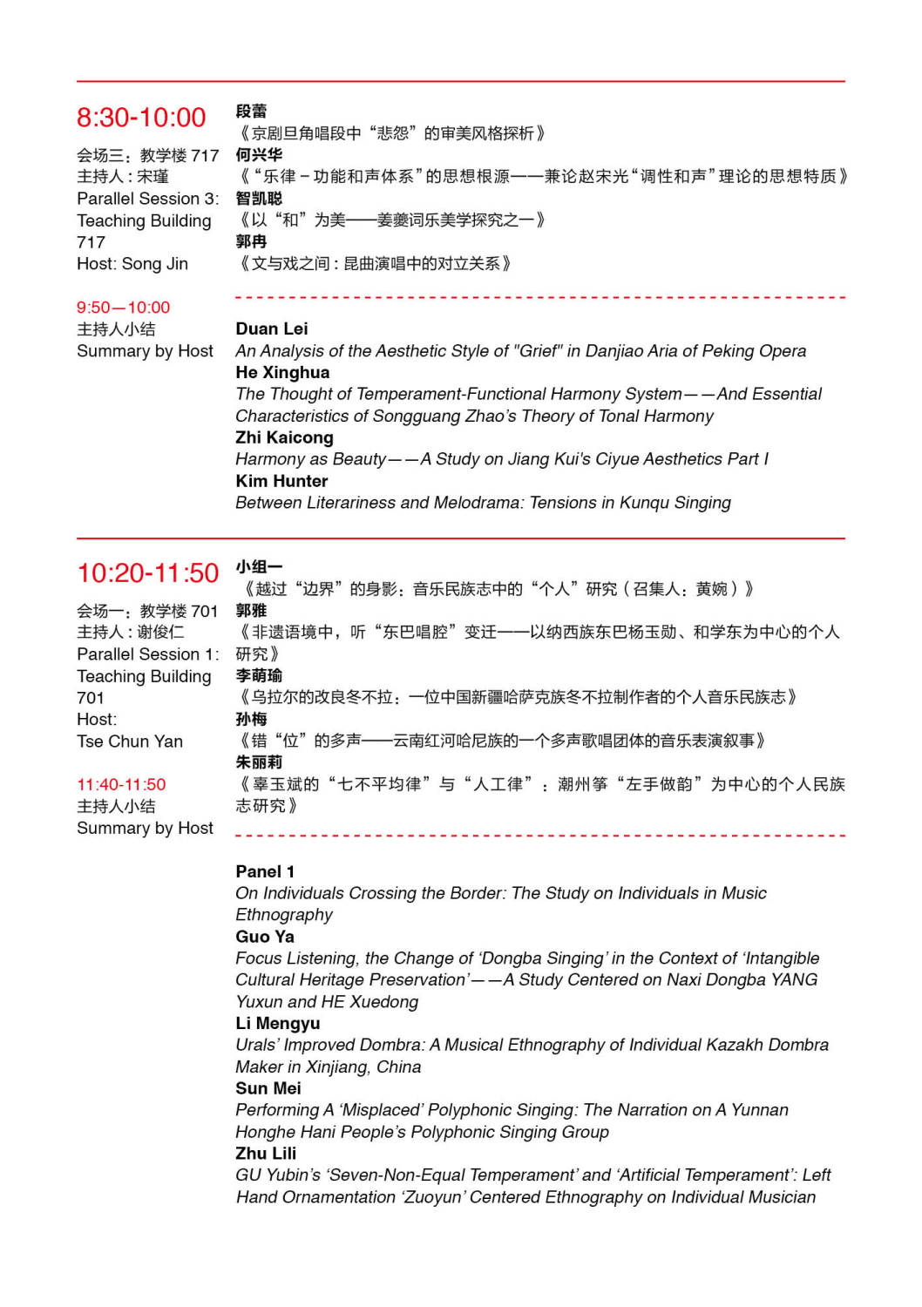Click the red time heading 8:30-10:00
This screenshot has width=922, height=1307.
(x=141, y=118)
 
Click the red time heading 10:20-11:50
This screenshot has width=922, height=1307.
(x=148, y=573)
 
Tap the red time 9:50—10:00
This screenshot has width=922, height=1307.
(x=123, y=308)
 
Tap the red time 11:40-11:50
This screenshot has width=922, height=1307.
(x=121, y=784)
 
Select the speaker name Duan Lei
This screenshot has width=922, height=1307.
(x=271, y=328)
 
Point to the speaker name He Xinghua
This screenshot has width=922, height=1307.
(x=282, y=372)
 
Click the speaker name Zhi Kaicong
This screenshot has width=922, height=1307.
(x=284, y=437)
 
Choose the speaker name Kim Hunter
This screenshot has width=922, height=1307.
(x=281, y=481)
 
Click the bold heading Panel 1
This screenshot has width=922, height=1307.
(x=265, y=871)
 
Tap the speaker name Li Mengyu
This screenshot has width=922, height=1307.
(x=277, y=1023)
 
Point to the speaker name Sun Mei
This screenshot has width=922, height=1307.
(x=268, y=1088)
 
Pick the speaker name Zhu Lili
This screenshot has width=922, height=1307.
(x=266, y=1153)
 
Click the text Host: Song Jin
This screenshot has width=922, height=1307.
(x=132, y=264)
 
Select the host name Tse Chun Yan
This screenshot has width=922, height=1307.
(x=130, y=742)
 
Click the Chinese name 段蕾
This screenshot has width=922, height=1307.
(x=251, y=112)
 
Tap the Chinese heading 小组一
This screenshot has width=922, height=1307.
(x=259, y=567)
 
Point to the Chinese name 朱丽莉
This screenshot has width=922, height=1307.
(x=259, y=762)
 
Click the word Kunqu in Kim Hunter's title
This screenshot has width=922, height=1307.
(x=645, y=503)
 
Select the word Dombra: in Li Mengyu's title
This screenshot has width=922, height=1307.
(x=393, y=1045)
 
